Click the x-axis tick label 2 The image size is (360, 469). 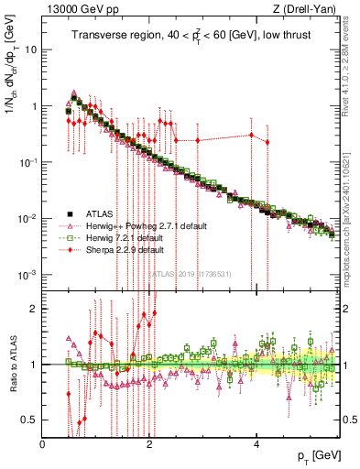(149, 444)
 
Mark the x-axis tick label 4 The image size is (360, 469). (256, 444)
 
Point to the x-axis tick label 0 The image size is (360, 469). (43, 444)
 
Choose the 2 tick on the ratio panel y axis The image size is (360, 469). (33, 308)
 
